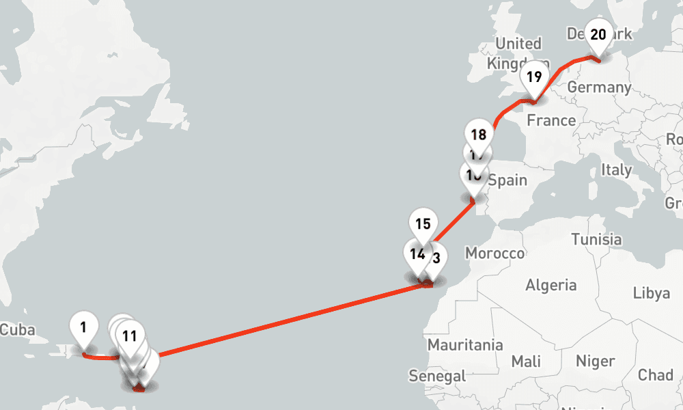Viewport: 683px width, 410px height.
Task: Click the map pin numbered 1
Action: [83, 327]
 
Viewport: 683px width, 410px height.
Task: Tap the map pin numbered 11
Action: [130, 336]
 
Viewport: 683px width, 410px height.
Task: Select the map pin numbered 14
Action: [417, 255]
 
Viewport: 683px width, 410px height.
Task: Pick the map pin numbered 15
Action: [423, 223]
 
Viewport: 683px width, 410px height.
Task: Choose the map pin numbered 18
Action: [479, 135]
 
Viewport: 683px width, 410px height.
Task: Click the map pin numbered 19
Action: [534, 77]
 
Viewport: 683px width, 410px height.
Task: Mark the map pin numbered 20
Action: [598, 35]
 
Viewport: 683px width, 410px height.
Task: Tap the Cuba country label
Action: [17, 329]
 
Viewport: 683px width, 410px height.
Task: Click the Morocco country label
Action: [494, 254]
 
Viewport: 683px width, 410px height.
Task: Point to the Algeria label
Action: [551, 285]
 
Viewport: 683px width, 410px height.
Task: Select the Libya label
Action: [651, 292]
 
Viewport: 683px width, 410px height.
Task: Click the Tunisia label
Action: [596, 239]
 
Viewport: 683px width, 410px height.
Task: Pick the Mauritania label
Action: [465, 345]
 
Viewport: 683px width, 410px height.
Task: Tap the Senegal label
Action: [437, 375]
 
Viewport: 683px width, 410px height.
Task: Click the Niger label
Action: [595, 360]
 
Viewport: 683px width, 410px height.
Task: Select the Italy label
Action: [616, 169]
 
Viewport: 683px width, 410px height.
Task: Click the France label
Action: [551, 121]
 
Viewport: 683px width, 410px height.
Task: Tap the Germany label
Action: [598, 87]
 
